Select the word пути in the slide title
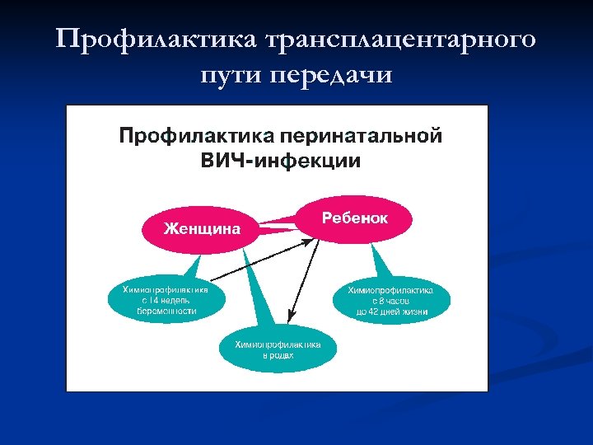click(233, 75)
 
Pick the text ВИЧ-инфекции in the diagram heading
click(281, 160)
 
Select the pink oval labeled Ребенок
click(354, 218)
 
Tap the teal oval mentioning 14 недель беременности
click(166, 301)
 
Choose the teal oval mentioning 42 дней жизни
click(391, 301)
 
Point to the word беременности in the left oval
click(167, 311)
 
